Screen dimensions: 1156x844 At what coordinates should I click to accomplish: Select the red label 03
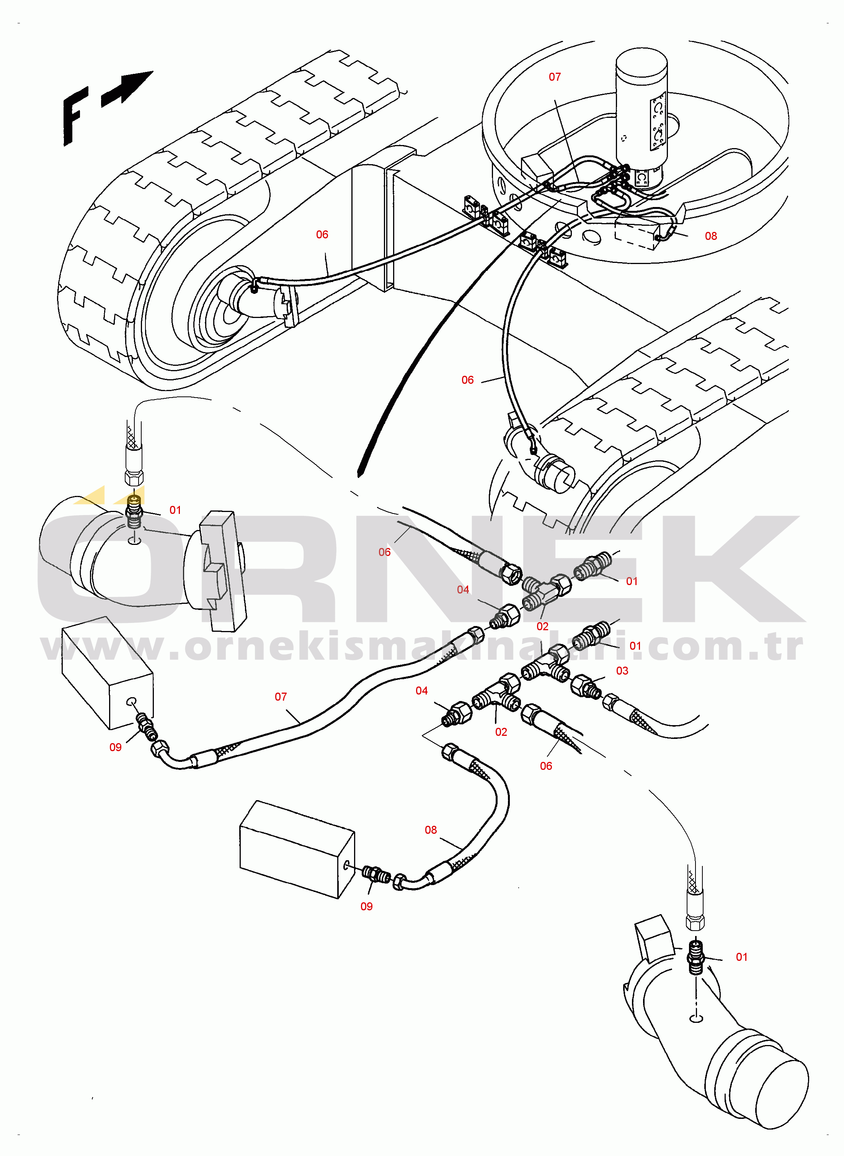[x=622, y=670]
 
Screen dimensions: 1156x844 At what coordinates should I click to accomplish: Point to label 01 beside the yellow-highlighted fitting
[x=175, y=510]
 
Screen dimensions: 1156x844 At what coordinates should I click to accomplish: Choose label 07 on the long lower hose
[x=281, y=696]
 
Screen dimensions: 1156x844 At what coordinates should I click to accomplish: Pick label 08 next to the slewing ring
[x=711, y=236]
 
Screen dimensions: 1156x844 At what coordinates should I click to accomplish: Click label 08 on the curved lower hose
[x=431, y=830]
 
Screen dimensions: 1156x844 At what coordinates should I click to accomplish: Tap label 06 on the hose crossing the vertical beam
[x=322, y=234]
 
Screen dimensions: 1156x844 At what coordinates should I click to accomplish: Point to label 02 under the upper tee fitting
[x=542, y=626]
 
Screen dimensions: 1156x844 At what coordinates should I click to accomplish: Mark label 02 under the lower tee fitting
[x=501, y=732]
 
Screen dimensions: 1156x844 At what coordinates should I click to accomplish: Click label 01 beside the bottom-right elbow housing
[x=741, y=957]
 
